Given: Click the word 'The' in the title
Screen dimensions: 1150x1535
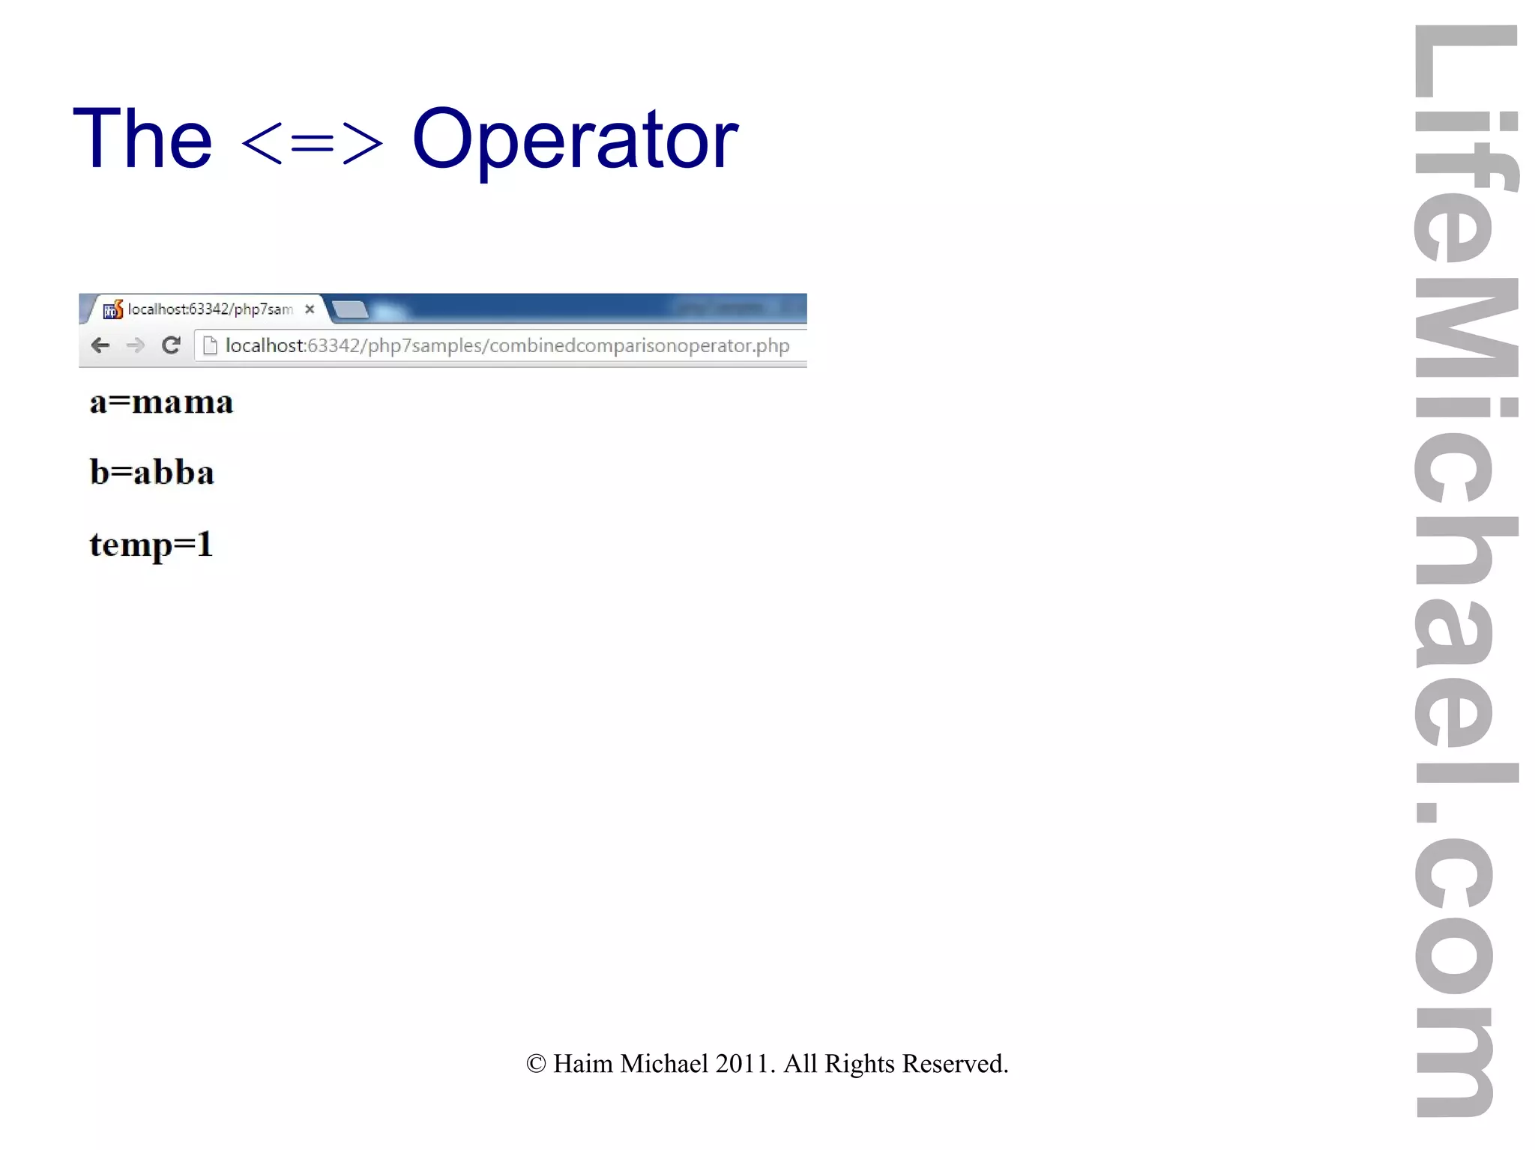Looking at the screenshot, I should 142,139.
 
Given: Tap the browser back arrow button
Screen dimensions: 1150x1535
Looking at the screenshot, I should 100,345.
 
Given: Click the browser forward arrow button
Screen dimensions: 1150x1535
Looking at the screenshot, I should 136,345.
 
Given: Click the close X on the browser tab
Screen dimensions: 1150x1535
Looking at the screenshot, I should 310,309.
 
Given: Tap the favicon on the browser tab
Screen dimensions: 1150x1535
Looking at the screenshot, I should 112,309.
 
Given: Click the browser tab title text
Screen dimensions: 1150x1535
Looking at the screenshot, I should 210,309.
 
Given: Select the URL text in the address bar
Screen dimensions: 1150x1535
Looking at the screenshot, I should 507,345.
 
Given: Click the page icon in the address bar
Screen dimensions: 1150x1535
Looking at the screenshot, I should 211,345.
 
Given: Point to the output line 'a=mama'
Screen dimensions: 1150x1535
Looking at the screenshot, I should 161,402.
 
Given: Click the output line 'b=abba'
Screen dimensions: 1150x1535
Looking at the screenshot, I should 152,473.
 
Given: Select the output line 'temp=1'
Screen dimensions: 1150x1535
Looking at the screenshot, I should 151,545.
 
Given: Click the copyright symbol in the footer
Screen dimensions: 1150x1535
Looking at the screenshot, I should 536,1064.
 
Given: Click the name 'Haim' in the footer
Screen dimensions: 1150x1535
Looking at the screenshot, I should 582,1064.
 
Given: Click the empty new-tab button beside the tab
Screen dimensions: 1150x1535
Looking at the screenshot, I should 349,309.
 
